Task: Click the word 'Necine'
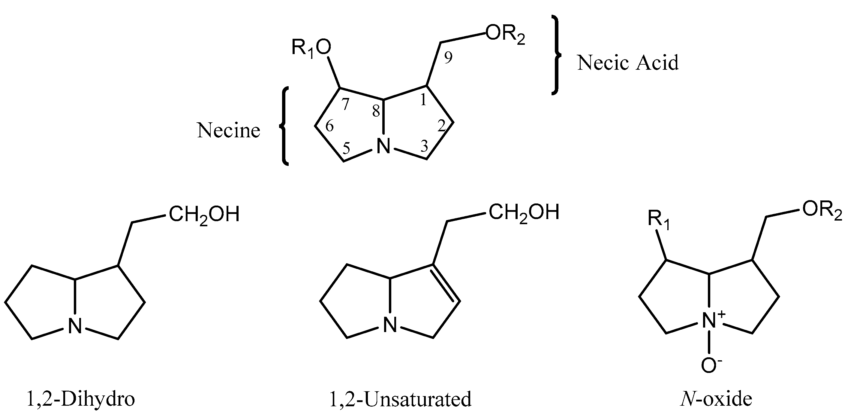(x=228, y=130)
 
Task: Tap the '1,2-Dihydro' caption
(x=80, y=399)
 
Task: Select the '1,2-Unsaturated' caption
(x=400, y=399)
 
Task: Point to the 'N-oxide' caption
(x=716, y=399)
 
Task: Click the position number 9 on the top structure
(x=448, y=58)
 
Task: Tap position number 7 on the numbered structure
(x=345, y=105)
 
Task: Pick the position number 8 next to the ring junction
(x=376, y=112)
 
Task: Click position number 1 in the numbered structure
(x=423, y=100)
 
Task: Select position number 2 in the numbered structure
(x=441, y=126)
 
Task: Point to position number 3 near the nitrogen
(x=425, y=146)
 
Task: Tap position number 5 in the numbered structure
(x=346, y=149)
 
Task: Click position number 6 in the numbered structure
(x=329, y=126)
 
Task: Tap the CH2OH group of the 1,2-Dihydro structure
(x=204, y=215)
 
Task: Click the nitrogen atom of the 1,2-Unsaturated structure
(x=390, y=325)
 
